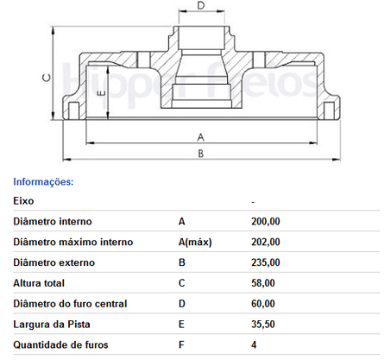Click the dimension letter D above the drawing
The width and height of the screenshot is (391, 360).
201,5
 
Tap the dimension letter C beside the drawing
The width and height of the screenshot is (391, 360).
47,78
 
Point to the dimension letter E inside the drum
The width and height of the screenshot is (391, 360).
102,93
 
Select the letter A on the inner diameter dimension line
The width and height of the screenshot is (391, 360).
201,137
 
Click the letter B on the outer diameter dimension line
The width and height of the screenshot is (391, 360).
201,154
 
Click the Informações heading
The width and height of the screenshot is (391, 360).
43,182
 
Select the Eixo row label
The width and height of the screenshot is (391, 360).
23,200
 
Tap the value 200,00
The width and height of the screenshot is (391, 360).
266,221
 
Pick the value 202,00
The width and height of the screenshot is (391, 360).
266,242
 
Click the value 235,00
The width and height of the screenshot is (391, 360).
266,262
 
